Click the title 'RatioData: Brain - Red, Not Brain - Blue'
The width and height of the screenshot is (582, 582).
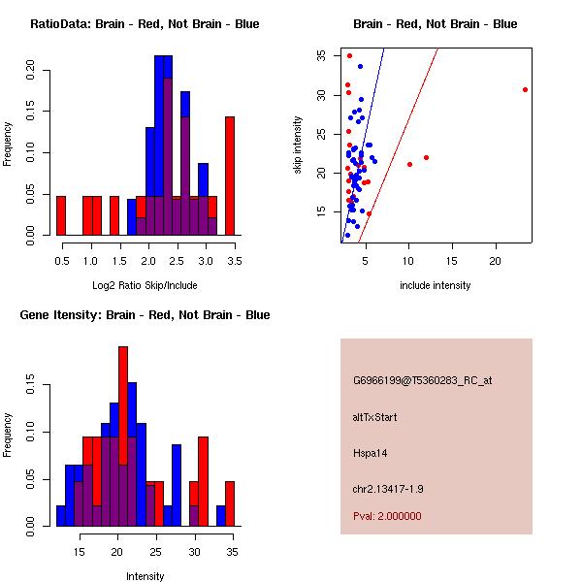click(x=145, y=23)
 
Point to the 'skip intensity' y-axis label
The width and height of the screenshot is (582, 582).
click(x=298, y=145)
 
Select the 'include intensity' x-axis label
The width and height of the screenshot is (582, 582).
click(x=436, y=285)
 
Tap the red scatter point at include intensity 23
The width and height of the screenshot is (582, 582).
click(x=525, y=89)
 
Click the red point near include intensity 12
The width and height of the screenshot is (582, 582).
click(x=426, y=157)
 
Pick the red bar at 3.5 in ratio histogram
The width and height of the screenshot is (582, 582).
click(x=230, y=176)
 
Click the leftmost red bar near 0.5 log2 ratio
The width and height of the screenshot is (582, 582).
click(x=60, y=214)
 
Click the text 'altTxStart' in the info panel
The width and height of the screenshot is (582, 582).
click(x=374, y=417)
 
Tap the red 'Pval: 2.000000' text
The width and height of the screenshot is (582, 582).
click(x=387, y=516)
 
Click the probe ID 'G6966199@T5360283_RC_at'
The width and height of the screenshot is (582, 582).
click(x=422, y=381)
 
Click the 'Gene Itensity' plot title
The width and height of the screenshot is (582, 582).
click(x=145, y=314)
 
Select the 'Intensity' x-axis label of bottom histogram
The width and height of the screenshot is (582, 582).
click(x=145, y=576)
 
